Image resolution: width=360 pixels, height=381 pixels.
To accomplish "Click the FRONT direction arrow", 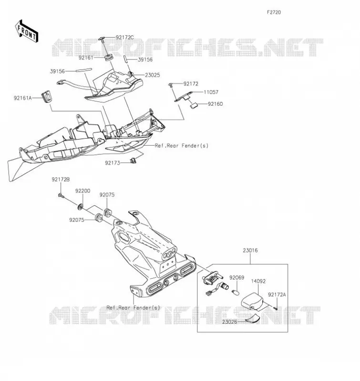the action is (x=26, y=31).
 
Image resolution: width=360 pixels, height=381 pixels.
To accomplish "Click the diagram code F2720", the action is (x=274, y=12).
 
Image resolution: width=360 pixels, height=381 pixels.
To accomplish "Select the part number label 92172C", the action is (x=124, y=38).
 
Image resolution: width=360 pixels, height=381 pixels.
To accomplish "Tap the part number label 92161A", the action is (x=22, y=98).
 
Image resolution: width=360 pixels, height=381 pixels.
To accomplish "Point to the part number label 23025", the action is (x=153, y=75).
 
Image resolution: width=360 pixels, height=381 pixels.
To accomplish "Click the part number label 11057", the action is (x=211, y=92).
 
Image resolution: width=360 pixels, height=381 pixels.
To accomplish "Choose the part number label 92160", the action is (x=215, y=104).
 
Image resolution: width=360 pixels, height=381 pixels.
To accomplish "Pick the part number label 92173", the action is (x=113, y=163).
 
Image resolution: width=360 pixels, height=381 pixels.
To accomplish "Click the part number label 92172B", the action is (x=61, y=180).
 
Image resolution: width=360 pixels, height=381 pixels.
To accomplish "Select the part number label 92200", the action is (x=82, y=191).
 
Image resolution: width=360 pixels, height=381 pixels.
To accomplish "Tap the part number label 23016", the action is (x=250, y=251).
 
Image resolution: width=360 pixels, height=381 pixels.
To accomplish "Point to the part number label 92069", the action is (x=237, y=278).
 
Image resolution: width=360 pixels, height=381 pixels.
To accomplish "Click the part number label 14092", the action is (x=258, y=281).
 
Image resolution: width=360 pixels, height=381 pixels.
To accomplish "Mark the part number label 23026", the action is (x=229, y=322).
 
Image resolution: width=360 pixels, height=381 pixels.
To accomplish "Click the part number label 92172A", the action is (x=277, y=295).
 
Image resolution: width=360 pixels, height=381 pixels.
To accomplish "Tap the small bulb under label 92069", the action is (x=236, y=291).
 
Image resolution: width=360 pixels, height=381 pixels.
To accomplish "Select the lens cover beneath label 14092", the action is (x=253, y=301).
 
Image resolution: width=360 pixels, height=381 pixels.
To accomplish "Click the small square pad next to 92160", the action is (x=194, y=106).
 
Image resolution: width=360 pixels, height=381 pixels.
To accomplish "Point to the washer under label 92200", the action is (x=80, y=207).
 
